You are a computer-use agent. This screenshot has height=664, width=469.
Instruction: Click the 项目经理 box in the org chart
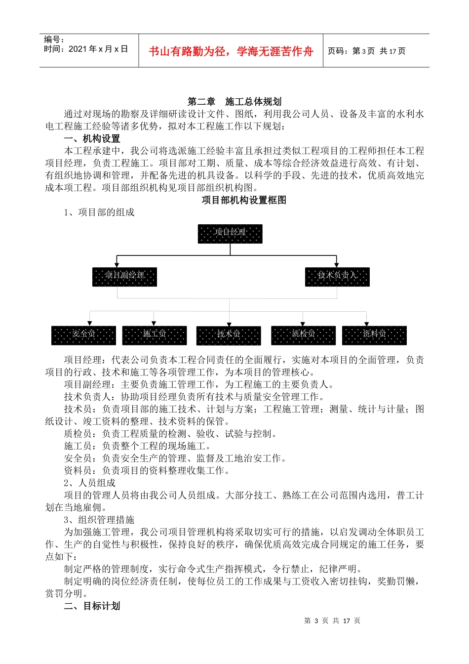pyautogui.click(x=230, y=234)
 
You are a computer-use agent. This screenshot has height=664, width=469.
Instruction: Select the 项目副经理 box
pyautogui.click(x=124, y=277)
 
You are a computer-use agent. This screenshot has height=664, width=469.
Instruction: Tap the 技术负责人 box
pyautogui.click(x=337, y=277)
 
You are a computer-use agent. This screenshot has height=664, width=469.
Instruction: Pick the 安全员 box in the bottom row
pyautogui.click(x=83, y=335)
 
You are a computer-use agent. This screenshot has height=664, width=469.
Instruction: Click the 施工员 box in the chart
pyautogui.click(x=155, y=335)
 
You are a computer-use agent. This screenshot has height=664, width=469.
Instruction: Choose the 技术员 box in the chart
pyautogui.click(x=229, y=335)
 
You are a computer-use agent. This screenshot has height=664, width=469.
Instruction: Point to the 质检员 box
pyautogui.click(x=303, y=335)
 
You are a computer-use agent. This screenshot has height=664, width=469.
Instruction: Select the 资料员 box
pyautogui.click(x=374, y=335)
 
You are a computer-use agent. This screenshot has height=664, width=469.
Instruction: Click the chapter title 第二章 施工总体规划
pyautogui.click(x=234, y=102)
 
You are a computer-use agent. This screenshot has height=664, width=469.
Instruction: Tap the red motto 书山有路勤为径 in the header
pyautogui.click(x=231, y=51)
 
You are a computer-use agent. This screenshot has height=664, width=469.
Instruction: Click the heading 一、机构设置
pyautogui.click(x=92, y=139)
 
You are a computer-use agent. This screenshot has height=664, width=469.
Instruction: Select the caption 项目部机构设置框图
pyautogui.click(x=244, y=200)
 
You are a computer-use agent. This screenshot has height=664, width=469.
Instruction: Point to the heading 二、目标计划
pyautogui.click(x=92, y=606)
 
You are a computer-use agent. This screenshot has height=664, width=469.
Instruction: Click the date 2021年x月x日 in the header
pyautogui.click(x=98, y=49)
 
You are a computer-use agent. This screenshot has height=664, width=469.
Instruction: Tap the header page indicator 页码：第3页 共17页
pyautogui.click(x=366, y=51)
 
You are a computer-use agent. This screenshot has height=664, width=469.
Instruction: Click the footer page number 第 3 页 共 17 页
pyautogui.click(x=332, y=621)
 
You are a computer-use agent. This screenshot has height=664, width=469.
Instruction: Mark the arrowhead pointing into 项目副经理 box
pyautogui.click(x=117, y=265)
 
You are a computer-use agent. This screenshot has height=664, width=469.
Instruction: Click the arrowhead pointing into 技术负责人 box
pyautogui.click(x=336, y=265)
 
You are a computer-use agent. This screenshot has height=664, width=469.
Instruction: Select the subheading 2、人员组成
pyautogui.click(x=89, y=483)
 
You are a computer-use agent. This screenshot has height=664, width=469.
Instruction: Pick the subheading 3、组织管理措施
pyautogui.click(x=99, y=520)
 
